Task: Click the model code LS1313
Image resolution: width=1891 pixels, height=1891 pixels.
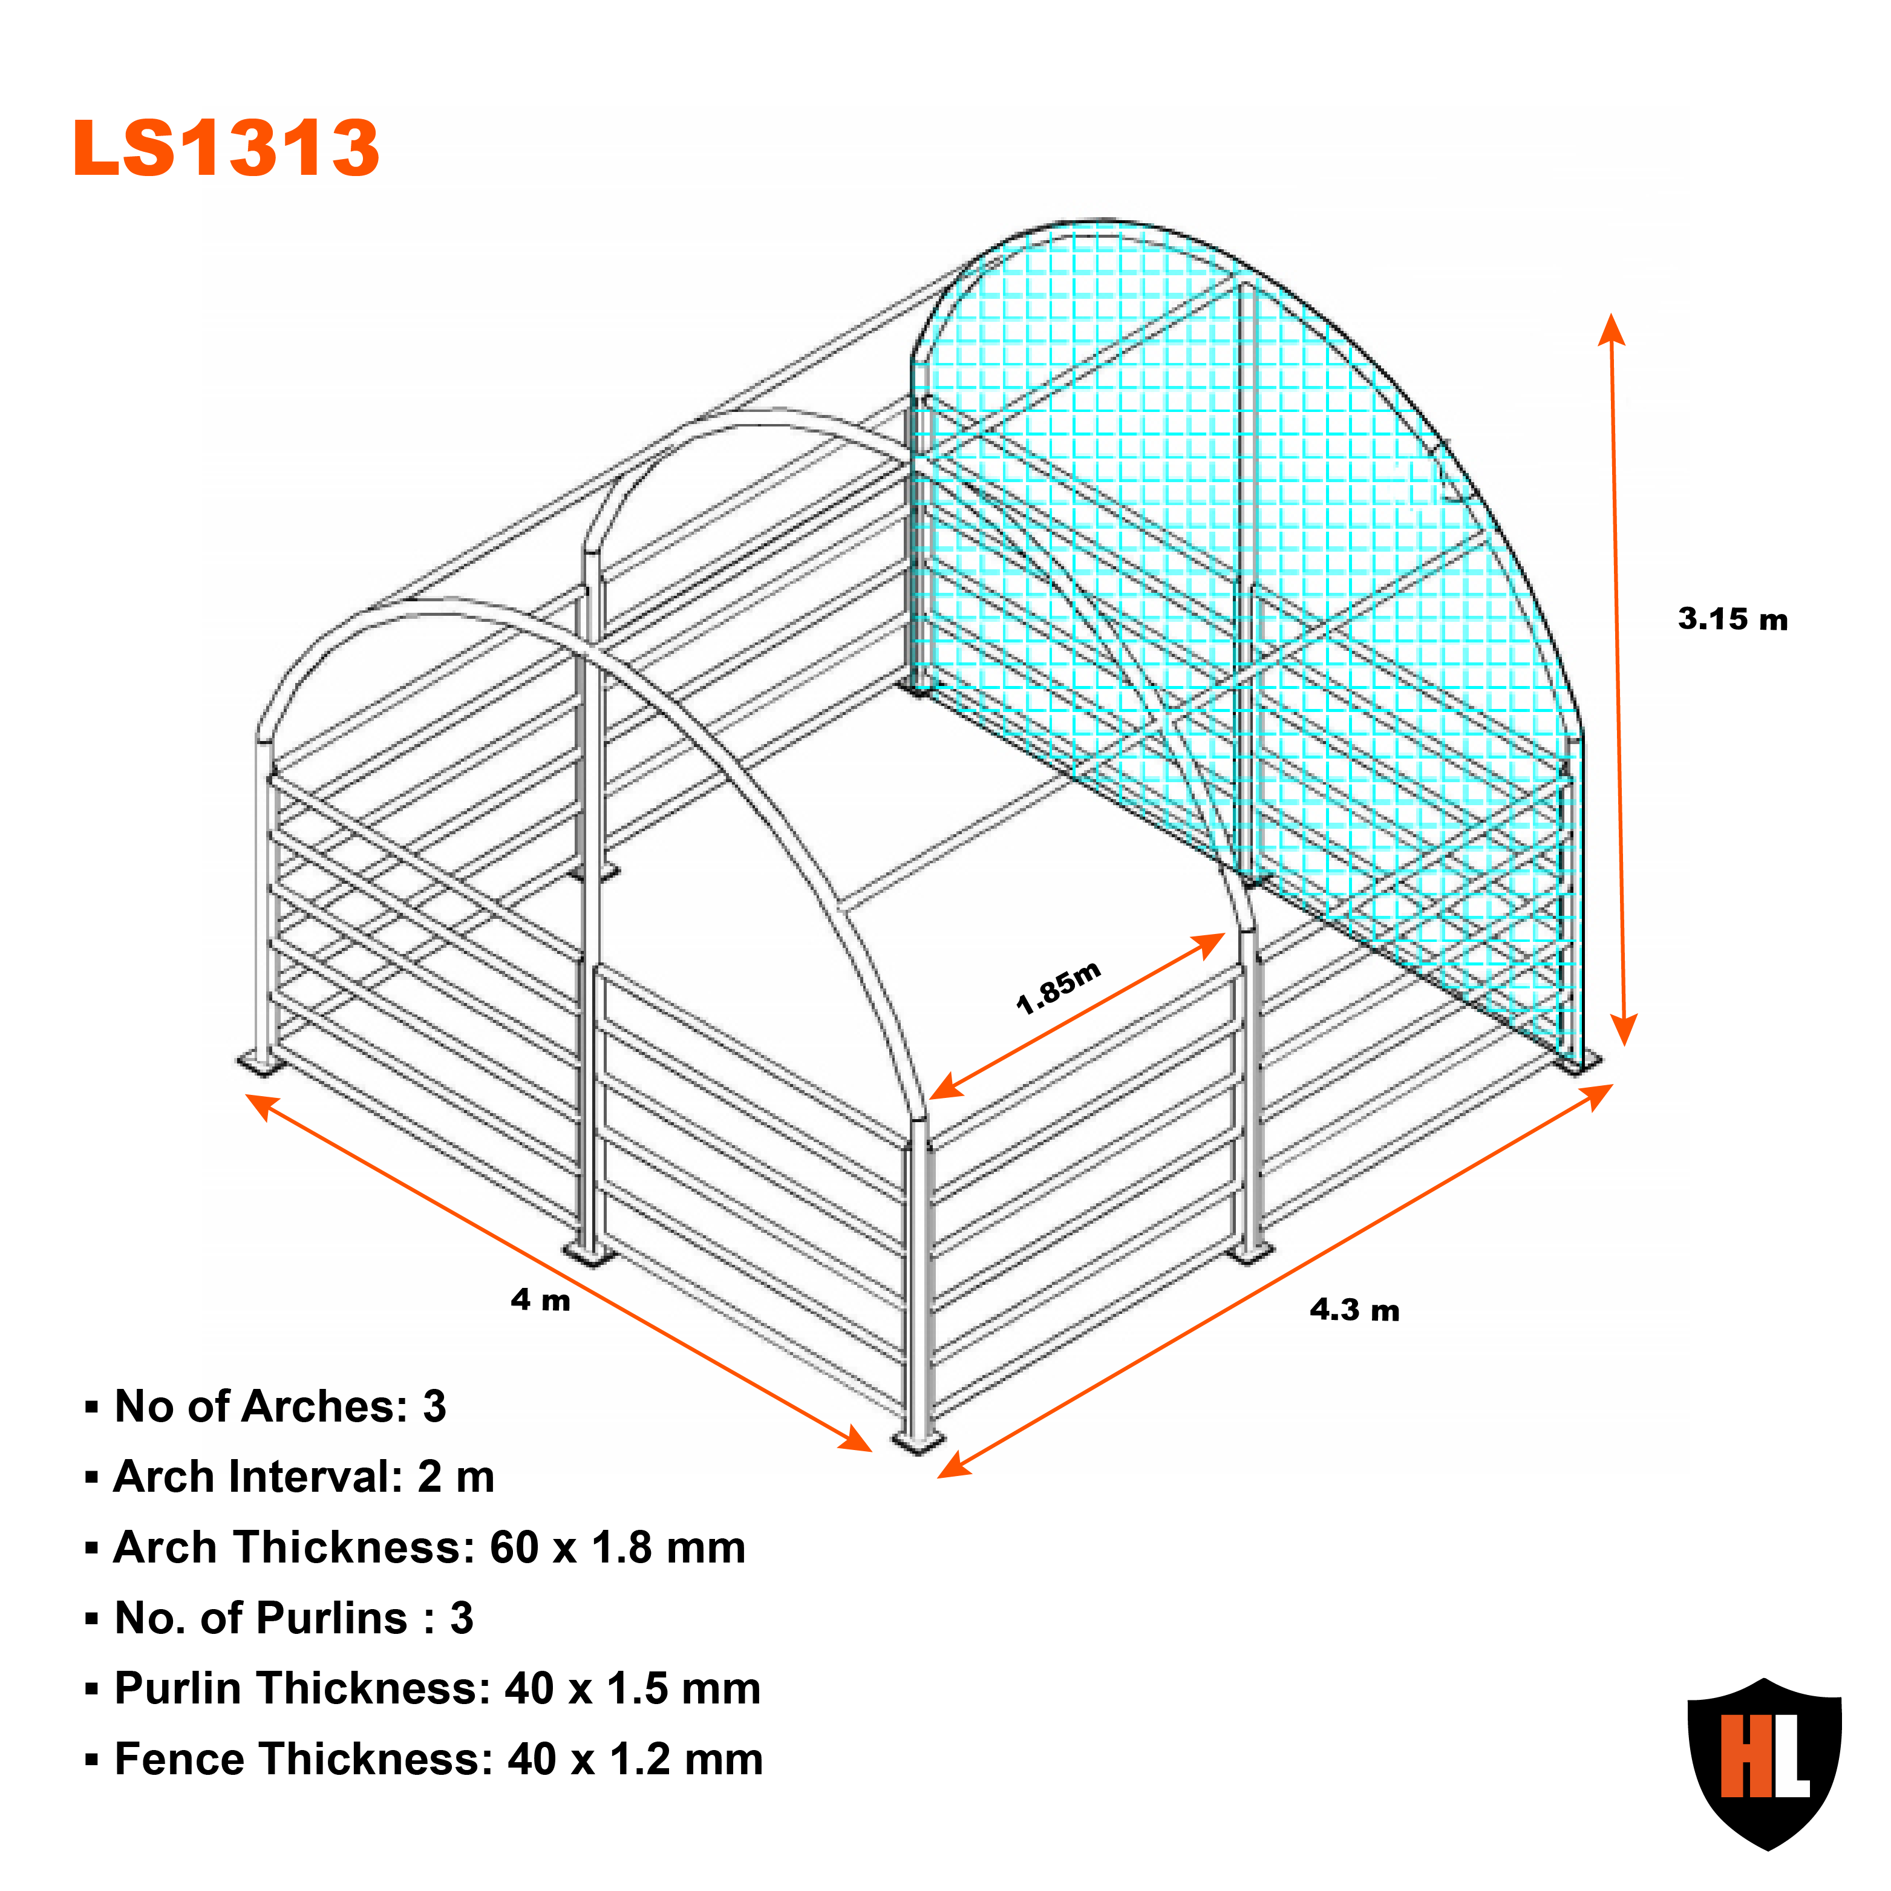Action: point(226,149)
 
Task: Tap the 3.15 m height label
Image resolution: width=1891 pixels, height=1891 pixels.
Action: point(1733,619)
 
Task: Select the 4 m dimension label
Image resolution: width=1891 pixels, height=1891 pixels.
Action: point(540,1300)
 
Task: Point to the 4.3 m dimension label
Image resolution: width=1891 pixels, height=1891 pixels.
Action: point(1354,1311)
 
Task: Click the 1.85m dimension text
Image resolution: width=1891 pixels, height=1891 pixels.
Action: point(1059,988)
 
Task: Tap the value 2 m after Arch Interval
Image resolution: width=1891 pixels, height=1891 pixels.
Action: point(456,1477)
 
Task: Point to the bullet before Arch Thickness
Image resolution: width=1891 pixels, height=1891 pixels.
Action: point(92,1549)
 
